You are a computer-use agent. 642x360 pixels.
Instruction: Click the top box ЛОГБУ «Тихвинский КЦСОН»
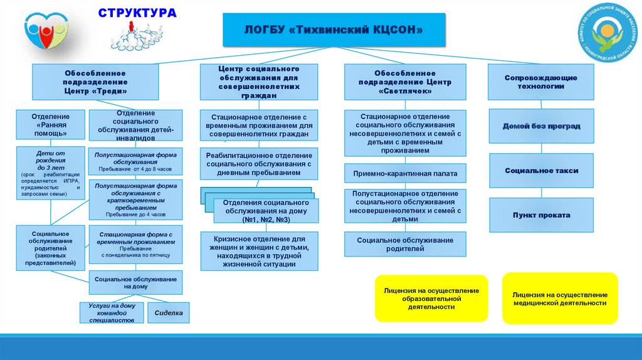coord(334,30)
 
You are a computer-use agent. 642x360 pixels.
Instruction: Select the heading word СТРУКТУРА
coord(137,13)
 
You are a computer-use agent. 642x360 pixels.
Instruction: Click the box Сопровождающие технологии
coord(540,82)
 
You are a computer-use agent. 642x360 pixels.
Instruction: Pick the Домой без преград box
coord(540,127)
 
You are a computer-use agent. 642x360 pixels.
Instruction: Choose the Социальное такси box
coord(540,171)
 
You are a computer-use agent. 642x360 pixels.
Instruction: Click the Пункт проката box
coord(540,215)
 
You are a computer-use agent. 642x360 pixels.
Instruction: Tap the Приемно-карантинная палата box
coord(405,174)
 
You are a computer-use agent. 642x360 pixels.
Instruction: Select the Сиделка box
coord(168,312)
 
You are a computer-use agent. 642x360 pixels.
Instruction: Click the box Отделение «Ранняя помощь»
coord(51,125)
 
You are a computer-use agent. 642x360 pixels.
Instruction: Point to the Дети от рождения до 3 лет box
coord(51,173)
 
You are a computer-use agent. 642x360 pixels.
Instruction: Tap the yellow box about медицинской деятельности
coord(559,299)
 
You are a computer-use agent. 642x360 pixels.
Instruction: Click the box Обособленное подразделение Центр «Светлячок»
coord(405,82)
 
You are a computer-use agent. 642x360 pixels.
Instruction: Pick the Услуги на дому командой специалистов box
coord(112,312)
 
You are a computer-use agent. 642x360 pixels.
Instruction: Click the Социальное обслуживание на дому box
coord(135,282)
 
